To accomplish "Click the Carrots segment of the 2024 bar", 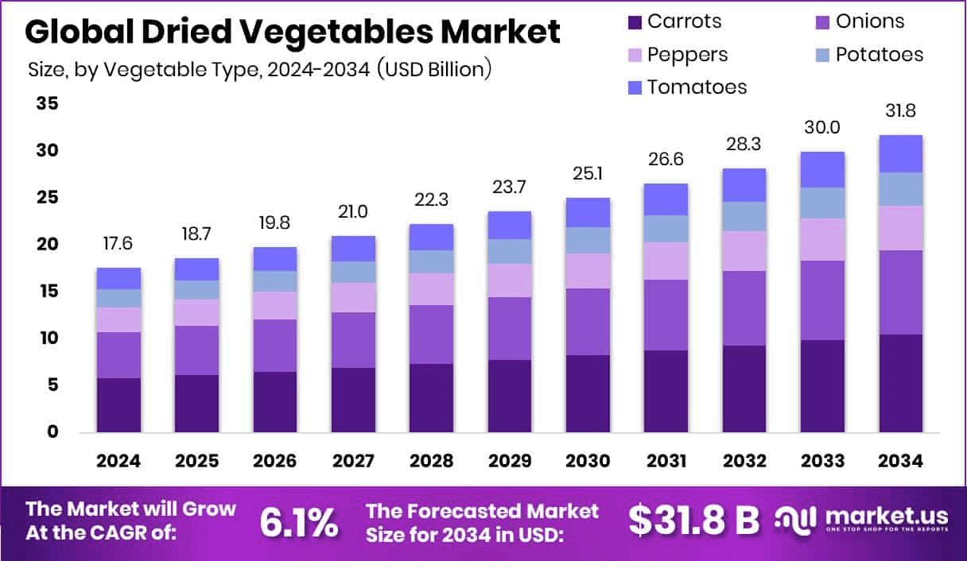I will click(118, 404).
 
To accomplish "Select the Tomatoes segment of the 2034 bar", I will click(900, 153).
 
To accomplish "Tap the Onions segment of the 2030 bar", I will click(588, 322).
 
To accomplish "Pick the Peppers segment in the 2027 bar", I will click(353, 297).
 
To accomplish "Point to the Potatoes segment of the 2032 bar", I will click(744, 216).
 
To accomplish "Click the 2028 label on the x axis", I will click(431, 462).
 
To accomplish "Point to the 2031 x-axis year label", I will click(666, 462).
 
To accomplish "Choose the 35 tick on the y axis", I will click(47, 104).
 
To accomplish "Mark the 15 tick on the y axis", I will click(47, 292).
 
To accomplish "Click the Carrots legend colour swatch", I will click(634, 21).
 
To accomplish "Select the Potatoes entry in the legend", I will click(879, 55).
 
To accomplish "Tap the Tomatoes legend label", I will click(697, 87).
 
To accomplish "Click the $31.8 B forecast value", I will click(693, 520).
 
